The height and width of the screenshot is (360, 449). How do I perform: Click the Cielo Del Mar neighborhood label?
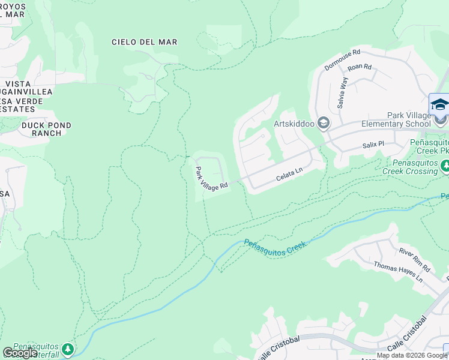point(145,42)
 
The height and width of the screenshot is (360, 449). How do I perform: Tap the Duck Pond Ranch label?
point(46,129)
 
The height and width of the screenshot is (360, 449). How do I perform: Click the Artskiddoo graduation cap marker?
point(324,124)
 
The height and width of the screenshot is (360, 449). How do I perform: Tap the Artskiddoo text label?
point(294,124)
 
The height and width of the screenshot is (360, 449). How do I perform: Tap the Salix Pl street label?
point(372,145)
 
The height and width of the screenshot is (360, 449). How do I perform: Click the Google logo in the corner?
point(19,353)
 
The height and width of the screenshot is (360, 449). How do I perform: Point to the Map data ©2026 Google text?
point(412,356)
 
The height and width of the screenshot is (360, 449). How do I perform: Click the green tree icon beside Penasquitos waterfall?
point(69,348)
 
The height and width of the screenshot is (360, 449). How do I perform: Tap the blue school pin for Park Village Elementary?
point(439,106)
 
